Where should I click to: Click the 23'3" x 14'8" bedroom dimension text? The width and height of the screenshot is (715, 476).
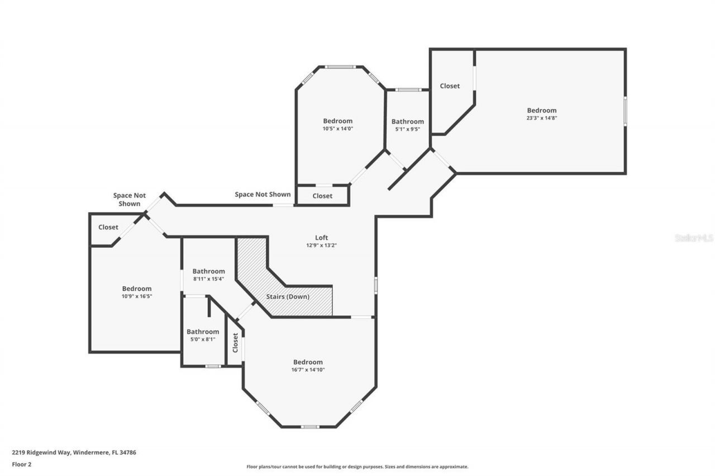(x=541, y=118)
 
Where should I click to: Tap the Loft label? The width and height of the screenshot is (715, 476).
(x=321, y=238)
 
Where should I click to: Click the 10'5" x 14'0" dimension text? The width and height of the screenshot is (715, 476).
(x=337, y=128)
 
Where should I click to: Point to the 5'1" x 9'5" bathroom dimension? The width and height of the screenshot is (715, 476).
(x=407, y=129)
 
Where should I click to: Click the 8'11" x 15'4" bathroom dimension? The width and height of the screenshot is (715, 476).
(x=208, y=279)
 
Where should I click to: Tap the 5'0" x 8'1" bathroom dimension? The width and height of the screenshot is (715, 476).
(x=202, y=339)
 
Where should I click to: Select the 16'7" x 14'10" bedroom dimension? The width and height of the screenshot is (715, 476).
(x=308, y=369)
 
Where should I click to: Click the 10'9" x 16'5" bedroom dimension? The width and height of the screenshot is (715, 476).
(x=137, y=296)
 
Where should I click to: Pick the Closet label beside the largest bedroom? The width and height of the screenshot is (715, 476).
(x=450, y=86)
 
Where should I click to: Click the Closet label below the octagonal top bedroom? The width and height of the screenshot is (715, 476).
(x=322, y=196)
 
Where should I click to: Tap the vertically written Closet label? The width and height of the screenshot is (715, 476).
(x=235, y=343)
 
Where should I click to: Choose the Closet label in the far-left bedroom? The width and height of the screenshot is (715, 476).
(x=108, y=227)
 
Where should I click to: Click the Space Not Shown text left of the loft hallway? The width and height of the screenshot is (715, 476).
(x=130, y=199)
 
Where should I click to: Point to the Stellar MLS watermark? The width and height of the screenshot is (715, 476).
(x=694, y=238)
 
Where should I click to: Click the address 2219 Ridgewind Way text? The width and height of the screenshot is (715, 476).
(x=74, y=453)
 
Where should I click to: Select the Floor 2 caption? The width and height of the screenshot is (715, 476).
(x=21, y=464)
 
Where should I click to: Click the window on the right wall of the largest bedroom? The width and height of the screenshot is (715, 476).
(x=625, y=110)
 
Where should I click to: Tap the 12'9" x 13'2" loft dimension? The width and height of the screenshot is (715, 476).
(x=321, y=245)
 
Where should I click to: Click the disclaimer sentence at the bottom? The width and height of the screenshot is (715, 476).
(x=357, y=467)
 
